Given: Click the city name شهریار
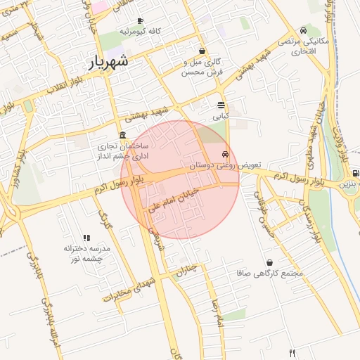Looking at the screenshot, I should [x=109, y=62].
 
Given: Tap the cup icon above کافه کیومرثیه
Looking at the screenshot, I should [x=140, y=21].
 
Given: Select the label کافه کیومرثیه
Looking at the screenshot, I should [x=140, y=32].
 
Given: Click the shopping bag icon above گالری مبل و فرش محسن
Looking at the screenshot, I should [x=202, y=51].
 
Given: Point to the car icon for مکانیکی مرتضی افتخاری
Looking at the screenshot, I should [x=303, y=30].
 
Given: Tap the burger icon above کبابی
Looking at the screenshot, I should [x=221, y=104].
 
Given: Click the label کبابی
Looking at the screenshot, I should [x=221, y=114].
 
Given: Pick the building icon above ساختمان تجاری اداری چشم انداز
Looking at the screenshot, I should [x=123, y=135].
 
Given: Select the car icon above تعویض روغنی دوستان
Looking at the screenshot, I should [x=225, y=154].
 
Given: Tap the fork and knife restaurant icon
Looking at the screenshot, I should [x=292, y=352].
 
